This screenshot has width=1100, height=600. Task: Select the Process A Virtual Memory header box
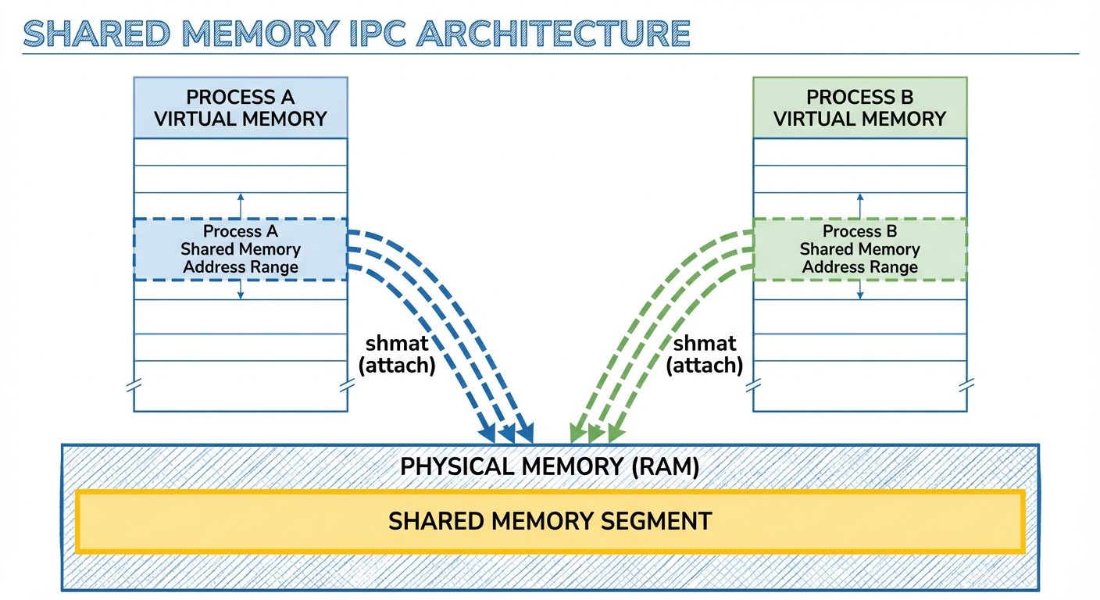click(x=241, y=108)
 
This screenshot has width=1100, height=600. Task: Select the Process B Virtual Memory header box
click(x=860, y=108)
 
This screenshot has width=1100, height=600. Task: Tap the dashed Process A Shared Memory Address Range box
click(x=241, y=249)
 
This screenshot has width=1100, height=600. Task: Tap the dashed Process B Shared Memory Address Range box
click(x=860, y=249)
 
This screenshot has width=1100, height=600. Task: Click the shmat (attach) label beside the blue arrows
click(x=396, y=354)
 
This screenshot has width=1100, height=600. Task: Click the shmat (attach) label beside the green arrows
click(x=704, y=354)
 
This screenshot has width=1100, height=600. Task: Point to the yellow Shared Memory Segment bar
click(x=550, y=521)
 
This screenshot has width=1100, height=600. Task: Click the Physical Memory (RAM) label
click(x=549, y=466)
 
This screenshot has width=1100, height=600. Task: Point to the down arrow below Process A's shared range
click(x=241, y=290)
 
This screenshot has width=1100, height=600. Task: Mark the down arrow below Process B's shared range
click(x=860, y=290)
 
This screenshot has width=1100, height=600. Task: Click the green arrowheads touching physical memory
click(x=595, y=433)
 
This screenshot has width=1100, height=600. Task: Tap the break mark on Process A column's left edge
click(x=134, y=386)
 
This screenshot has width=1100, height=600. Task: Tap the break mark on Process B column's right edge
click(x=966, y=386)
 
